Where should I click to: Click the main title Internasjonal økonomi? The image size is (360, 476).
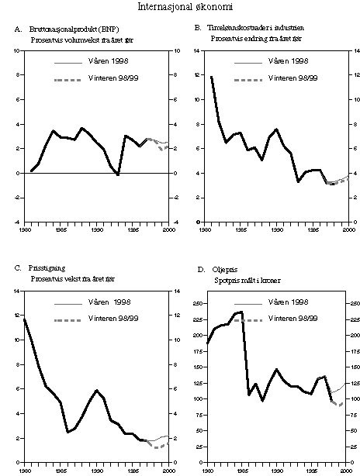[x=180, y=8]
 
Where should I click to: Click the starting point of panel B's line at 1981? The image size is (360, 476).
[x=211, y=77]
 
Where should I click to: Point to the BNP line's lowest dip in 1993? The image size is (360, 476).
[x=118, y=175]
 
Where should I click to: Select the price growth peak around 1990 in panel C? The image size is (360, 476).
[x=96, y=390]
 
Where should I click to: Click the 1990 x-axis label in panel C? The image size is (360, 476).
[x=98, y=470]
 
